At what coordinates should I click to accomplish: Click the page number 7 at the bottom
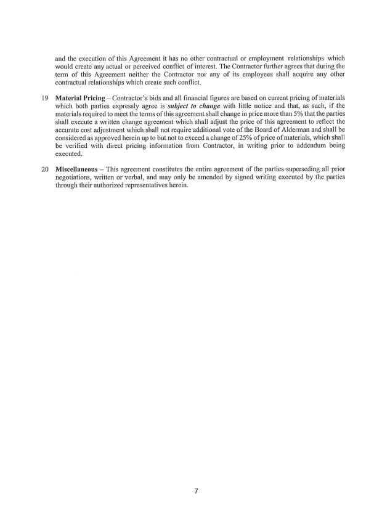click(195, 491)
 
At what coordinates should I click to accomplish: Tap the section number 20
click(45, 168)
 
